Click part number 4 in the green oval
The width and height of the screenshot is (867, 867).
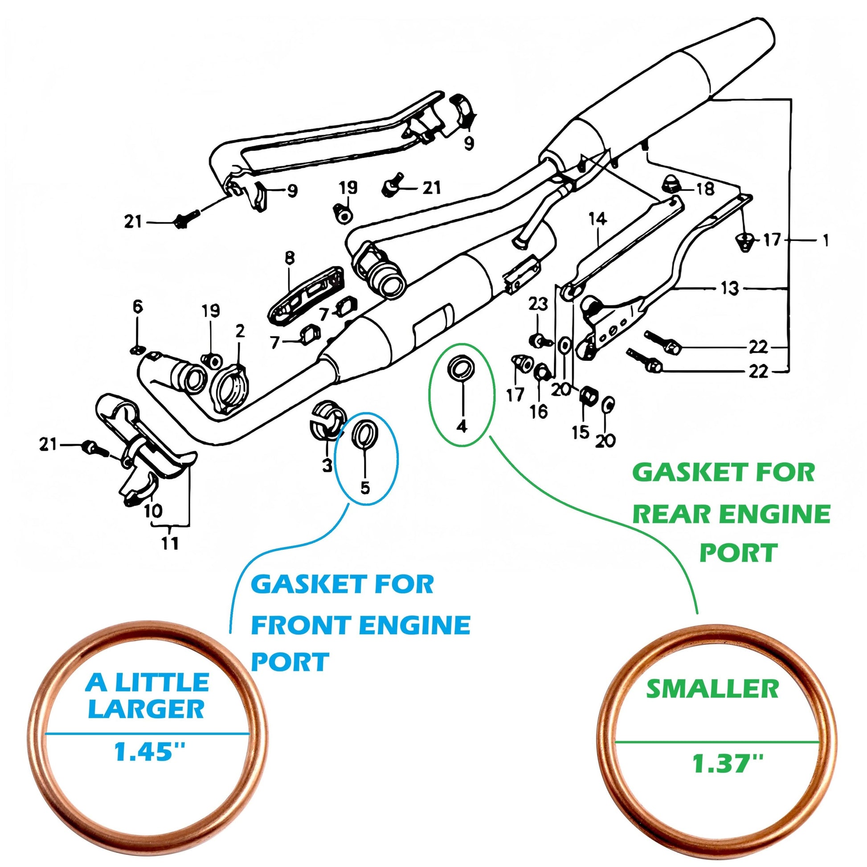(462, 425)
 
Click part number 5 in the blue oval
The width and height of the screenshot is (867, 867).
(365, 487)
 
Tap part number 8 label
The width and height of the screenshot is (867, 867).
(290, 257)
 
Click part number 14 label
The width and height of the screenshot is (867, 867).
(598, 219)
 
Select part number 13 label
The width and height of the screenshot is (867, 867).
(729, 288)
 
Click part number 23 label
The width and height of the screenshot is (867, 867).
(538, 304)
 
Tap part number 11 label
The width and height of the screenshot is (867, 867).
(170, 544)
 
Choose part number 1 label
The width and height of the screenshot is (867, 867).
(825, 241)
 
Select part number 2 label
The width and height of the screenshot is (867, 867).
(240, 331)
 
